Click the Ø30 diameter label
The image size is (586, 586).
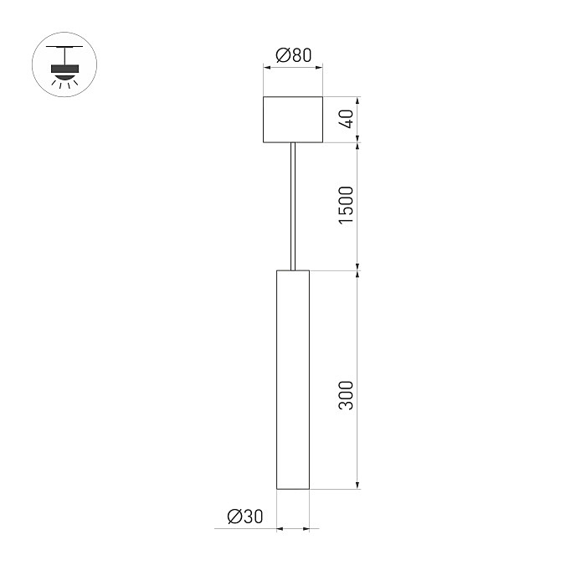[x=244, y=517]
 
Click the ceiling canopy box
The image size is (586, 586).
[x=293, y=120]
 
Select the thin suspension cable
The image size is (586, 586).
[x=293, y=206]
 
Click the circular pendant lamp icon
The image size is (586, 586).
[x=64, y=64]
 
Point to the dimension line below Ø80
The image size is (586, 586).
[x=293, y=70]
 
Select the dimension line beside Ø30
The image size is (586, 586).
[x=293, y=529]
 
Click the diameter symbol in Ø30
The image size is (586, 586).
[x=234, y=517]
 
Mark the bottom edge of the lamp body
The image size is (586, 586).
[x=293, y=489]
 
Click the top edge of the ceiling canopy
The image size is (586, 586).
[x=293, y=98]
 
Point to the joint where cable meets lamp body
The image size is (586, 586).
[x=293, y=270]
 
